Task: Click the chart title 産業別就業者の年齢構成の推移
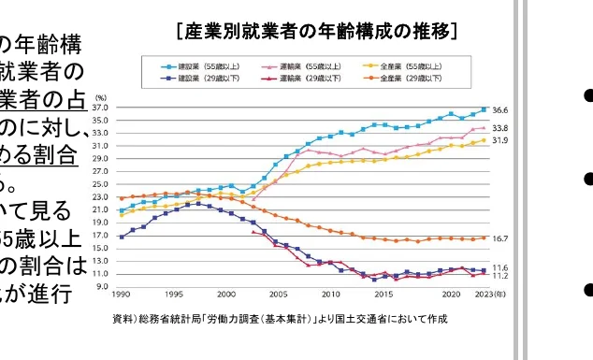coord(316,34)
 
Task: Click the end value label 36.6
coord(499,109)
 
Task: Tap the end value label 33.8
coord(499,128)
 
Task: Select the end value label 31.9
coord(499,140)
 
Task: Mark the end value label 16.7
coord(499,238)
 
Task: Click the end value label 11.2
coord(499,277)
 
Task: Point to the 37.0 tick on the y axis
coord(102,108)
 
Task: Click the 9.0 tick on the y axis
coord(104,286)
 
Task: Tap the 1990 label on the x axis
coord(121,295)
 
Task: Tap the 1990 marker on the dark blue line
coord(121,237)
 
